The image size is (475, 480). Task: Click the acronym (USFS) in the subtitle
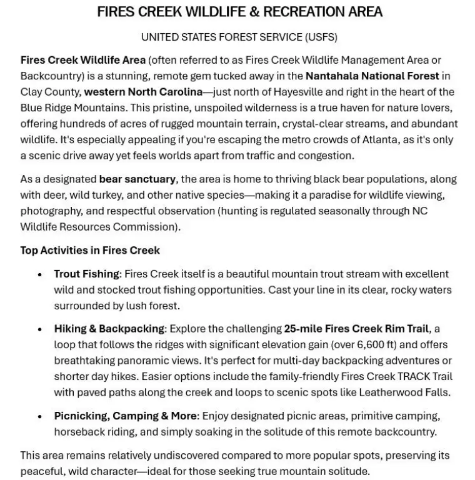tap(320, 37)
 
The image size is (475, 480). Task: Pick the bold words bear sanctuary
tap(137, 179)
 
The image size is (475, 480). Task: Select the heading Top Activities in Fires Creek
tap(90, 251)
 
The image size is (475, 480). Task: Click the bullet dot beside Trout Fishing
tap(40, 274)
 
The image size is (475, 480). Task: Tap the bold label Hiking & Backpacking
tap(109, 329)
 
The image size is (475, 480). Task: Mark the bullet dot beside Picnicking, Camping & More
tap(40, 417)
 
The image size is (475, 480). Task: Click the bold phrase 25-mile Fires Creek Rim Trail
tap(356, 329)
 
